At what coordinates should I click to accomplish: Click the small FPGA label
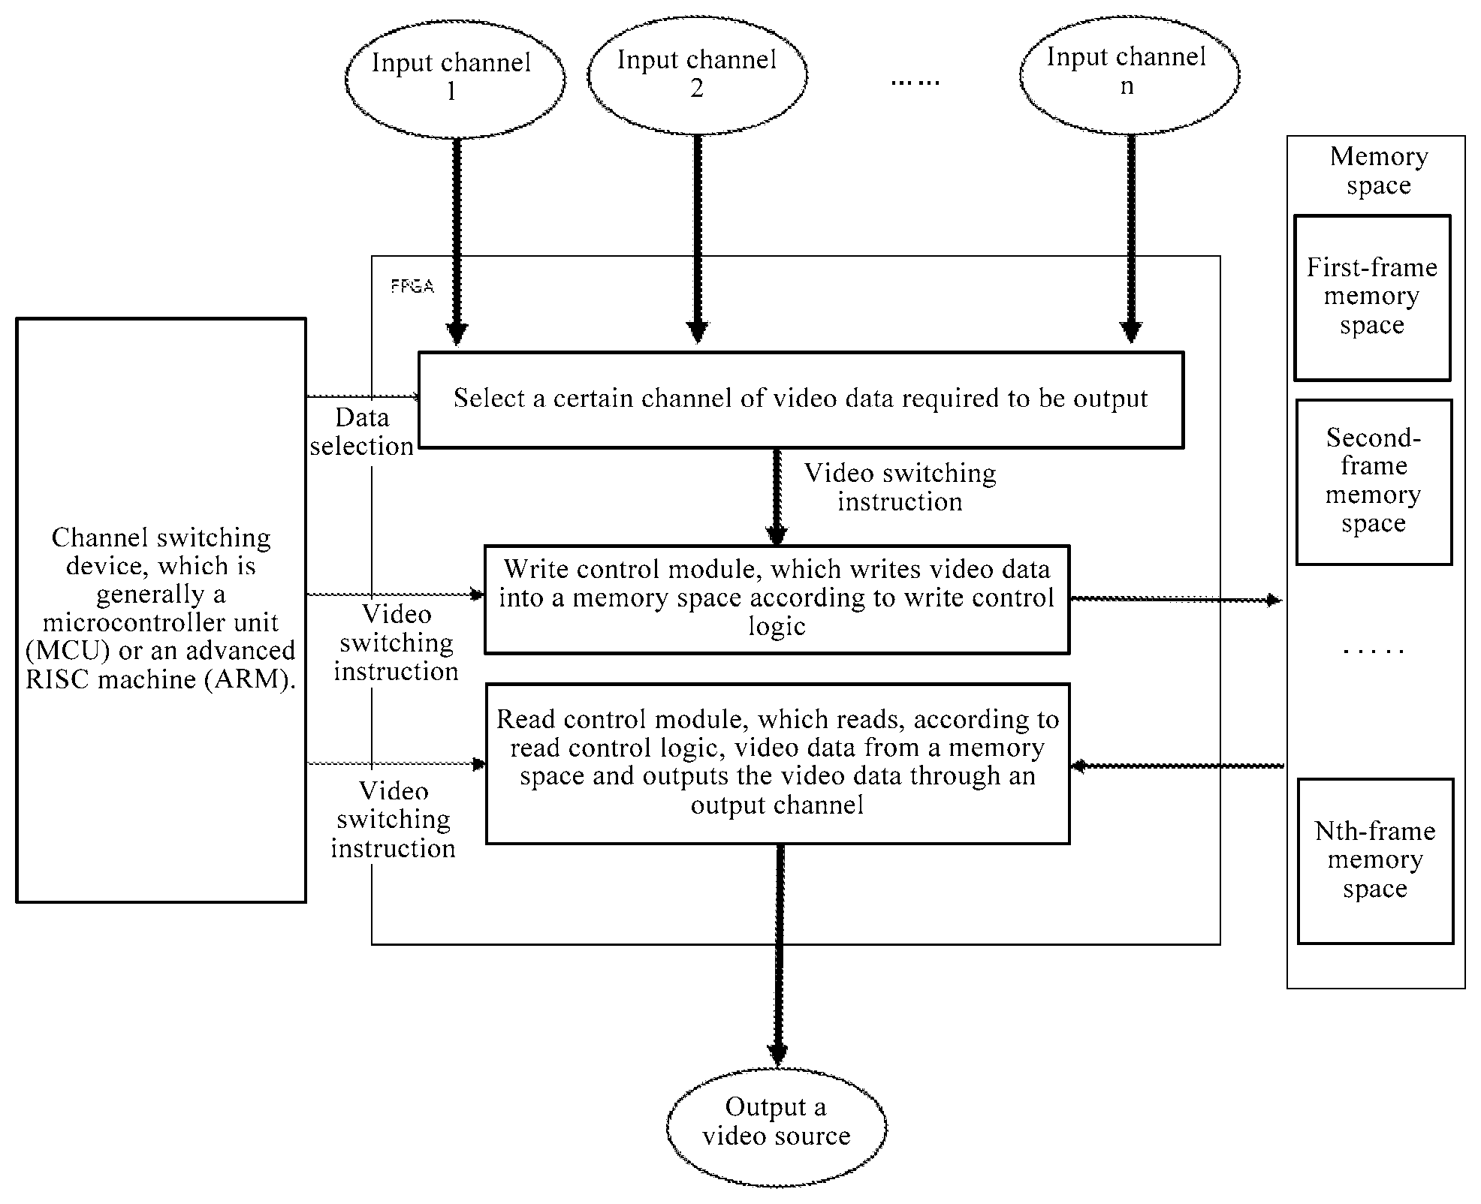tap(412, 286)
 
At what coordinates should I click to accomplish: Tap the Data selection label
tap(362, 432)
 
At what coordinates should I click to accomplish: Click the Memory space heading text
tap(1379, 170)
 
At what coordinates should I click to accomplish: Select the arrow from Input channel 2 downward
tap(698, 239)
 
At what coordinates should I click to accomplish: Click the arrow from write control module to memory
tap(1175, 600)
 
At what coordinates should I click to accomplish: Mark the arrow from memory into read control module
tap(1178, 766)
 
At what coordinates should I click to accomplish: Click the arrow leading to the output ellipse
tap(779, 956)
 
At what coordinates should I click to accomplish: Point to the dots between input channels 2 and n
tap(915, 82)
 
